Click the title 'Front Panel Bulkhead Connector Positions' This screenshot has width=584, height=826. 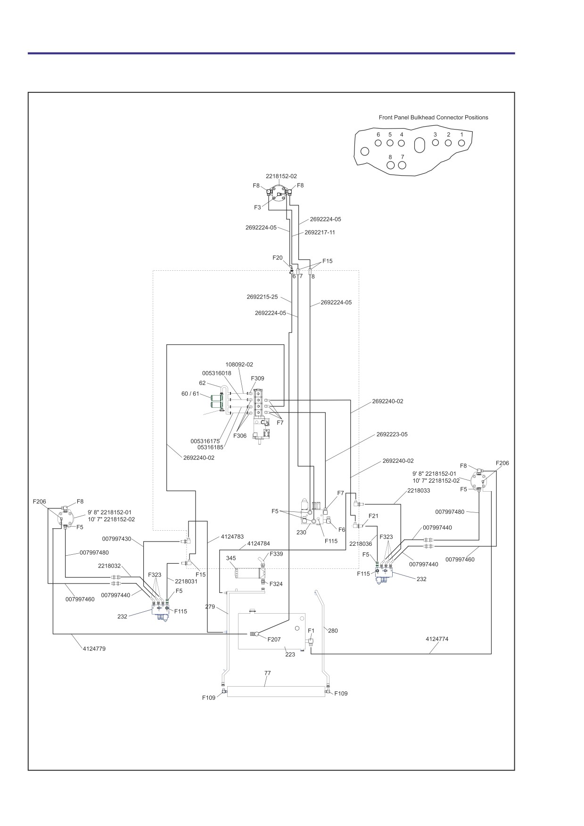point(433,117)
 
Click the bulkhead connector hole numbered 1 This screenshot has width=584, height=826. point(461,143)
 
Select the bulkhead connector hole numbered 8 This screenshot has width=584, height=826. point(390,165)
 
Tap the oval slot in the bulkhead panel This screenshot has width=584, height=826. point(419,145)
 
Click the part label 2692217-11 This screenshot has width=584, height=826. point(320,232)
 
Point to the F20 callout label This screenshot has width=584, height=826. point(278,258)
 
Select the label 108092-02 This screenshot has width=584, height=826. point(239,364)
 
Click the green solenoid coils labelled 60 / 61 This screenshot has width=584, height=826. point(217,401)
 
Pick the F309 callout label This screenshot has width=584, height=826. point(257,378)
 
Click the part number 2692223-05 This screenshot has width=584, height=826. point(392,434)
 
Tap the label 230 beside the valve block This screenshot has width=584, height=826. point(301,532)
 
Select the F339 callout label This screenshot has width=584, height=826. point(276,554)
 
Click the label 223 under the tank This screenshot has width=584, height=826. point(290,654)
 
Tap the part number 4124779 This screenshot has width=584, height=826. point(94,648)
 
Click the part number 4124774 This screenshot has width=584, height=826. point(437,639)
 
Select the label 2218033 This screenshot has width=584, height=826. point(419,490)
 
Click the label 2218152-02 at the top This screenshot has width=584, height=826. point(281,176)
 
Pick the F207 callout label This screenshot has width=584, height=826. point(274,640)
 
